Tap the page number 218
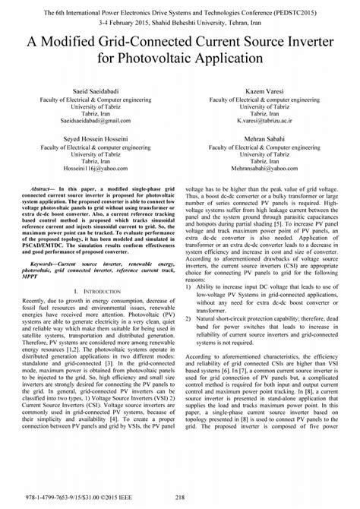click(x=179, y=498)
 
